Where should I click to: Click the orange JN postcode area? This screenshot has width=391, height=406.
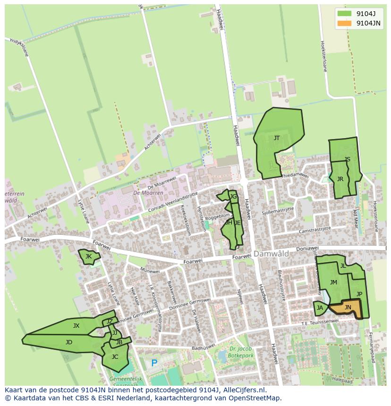coord(348,308)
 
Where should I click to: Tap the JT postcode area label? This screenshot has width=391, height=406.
coord(277,138)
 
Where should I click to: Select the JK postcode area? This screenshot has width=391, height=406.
coord(88,257)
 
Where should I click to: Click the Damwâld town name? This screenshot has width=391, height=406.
coord(271,254)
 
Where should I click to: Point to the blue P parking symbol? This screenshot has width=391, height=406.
coord(154,364)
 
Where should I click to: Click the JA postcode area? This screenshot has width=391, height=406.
coord(320,308)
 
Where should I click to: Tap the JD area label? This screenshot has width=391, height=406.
coord(69,342)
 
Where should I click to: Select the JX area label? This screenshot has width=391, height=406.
coord(76,326)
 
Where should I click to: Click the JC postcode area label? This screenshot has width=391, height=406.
coord(115,357)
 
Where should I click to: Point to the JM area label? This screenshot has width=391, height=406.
coord(333,282)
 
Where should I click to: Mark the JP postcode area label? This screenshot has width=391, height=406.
coord(359,294)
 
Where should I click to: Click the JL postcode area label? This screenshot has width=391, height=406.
coord(343,266)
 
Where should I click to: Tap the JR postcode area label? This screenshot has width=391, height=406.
coord(340,179)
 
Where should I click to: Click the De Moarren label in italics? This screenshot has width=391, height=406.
coord(148,193)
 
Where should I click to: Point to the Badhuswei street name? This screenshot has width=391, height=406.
coord(203,348)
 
